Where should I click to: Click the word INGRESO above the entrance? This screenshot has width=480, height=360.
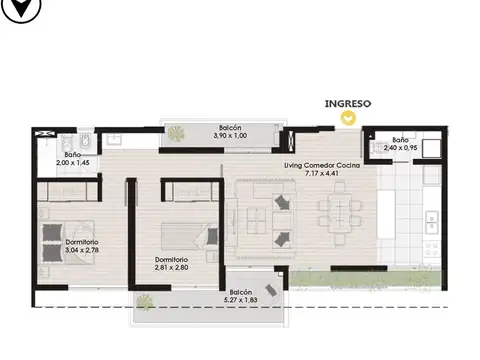[x=347, y=102]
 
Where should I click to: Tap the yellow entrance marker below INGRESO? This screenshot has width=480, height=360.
[x=347, y=118]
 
